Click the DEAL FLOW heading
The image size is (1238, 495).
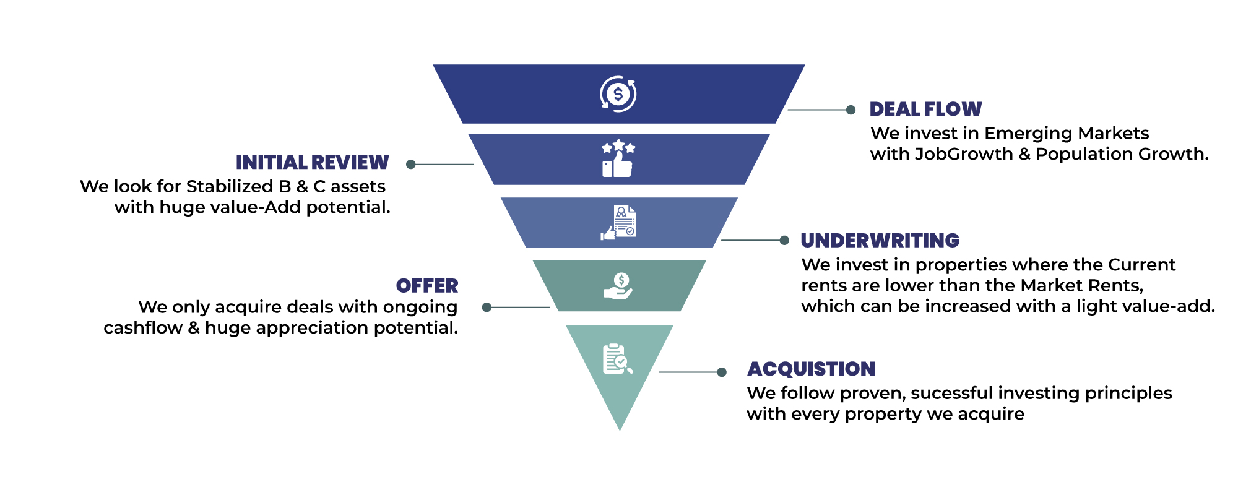tap(925, 110)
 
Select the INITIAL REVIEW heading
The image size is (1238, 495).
tap(312, 163)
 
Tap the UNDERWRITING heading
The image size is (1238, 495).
tap(880, 241)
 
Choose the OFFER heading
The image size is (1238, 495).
tap(427, 286)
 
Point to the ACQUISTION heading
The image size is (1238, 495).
tap(811, 369)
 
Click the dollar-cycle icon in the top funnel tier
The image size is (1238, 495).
tap(618, 94)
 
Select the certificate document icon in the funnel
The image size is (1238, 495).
tap(618, 223)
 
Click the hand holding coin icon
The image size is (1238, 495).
tap(618, 286)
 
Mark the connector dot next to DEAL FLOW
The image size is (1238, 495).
tap(851, 110)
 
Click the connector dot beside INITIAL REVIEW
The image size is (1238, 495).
tap(410, 164)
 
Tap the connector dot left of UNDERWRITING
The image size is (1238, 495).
tap(784, 240)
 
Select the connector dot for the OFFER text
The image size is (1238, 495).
tap(487, 307)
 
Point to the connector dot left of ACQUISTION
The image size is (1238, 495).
tap(722, 372)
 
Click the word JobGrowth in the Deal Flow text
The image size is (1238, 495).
tap(963, 154)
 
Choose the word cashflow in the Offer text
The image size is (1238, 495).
tap(143, 327)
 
